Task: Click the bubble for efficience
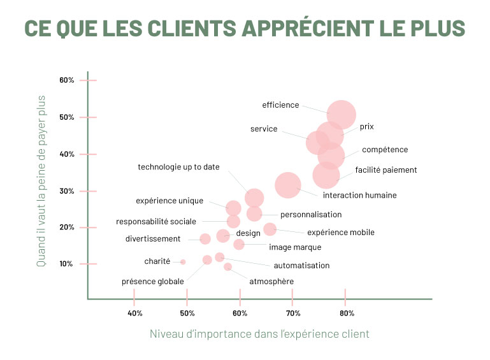(x=342, y=115)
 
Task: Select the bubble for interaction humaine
(x=288, y=185)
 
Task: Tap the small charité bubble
(x=183, y=262)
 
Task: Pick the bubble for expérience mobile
(x=270, y=229)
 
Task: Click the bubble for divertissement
(x=205, y=239)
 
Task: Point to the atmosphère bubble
(x=227, y=267)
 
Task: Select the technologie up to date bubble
(x=254, y=198)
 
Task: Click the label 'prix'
(x=366, y=127)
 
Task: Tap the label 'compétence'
(x=385, y=150)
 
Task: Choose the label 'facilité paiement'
(x=386, y=170)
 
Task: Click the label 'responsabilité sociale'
(x=156, y=222)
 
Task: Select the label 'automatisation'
(x=301, y=265)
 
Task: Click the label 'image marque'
(x=295, y=247)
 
